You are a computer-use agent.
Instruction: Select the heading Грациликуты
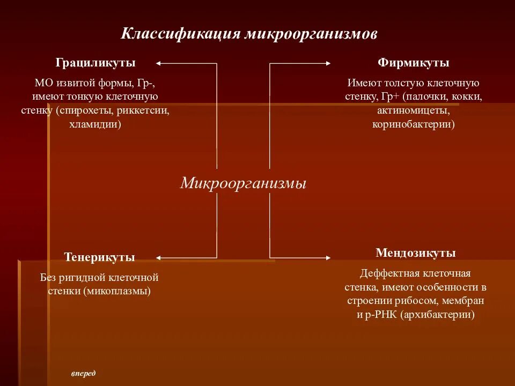[95, 63]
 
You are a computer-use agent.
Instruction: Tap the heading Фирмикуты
[413, 63]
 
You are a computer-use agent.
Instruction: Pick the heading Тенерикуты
[100, 257]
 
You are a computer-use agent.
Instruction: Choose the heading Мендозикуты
[416, 253]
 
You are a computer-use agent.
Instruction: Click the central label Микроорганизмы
[243, 183]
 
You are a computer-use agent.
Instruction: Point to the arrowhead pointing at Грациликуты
[159, 63]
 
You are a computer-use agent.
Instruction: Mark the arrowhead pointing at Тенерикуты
[159, 258]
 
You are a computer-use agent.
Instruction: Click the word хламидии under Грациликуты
[95, 124]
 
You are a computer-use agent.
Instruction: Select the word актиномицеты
[413, 111]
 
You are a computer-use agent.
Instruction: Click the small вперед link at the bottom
[83, 373]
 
